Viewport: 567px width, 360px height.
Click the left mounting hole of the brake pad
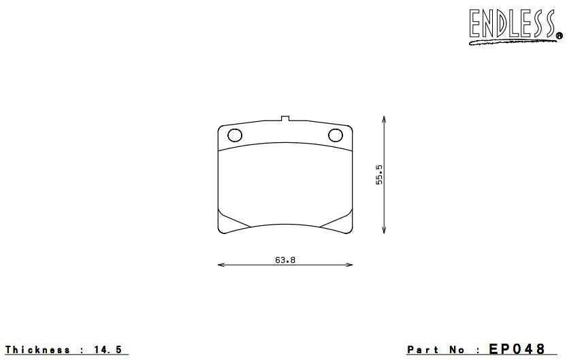234,135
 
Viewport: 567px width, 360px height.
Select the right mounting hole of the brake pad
336,135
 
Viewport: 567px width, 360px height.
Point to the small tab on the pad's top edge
285,120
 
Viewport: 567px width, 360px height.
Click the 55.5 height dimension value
379,174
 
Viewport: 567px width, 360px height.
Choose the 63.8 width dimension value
285,259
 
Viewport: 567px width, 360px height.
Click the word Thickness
37,350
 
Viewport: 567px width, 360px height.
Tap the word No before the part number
461,350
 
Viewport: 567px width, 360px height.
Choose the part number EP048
517,349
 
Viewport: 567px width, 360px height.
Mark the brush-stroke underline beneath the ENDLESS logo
511,42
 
